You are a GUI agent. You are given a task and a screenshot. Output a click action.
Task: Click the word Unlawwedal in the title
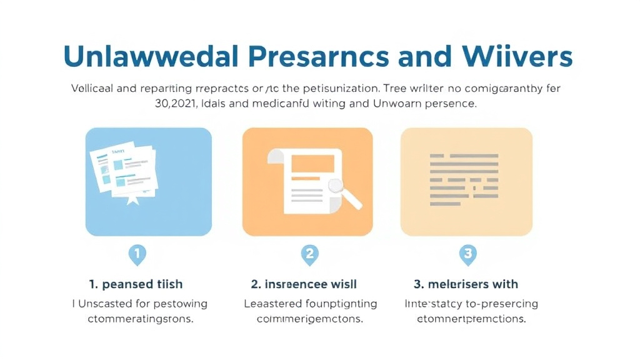pos(150,57)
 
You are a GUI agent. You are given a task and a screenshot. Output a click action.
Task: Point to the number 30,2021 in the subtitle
pos(179,104)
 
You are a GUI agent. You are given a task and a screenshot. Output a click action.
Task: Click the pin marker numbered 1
pos(137,254)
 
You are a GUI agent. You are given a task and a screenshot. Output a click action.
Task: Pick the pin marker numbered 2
pos(309,254)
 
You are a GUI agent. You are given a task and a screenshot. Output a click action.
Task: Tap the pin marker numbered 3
pos(467,254)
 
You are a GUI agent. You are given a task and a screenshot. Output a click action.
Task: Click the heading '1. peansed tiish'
pos(136,284)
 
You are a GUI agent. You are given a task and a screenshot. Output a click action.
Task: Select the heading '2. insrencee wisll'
pos(304,284)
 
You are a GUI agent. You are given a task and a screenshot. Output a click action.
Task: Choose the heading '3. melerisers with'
pos(466,284)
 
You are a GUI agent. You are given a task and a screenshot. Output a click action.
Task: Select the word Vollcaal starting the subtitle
pos(92,88)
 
